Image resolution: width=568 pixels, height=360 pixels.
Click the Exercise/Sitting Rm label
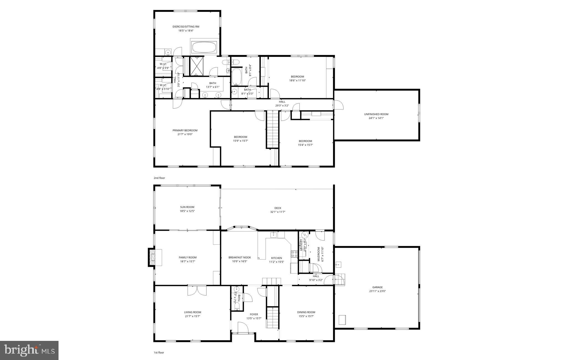click(x=186, y=27)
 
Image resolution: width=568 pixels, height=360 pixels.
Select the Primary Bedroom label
click(x=185, y=130)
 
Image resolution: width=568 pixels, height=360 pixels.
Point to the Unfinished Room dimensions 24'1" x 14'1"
click(x=376, y=118)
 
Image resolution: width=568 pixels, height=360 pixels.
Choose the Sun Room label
click(x=187, y=207)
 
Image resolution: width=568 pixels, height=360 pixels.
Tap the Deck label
click(x=278, y=208)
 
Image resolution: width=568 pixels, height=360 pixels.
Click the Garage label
click(x=377, y=287)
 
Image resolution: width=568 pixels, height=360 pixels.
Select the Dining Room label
click(x=306, y=312)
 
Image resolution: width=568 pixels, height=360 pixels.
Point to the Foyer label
click(x=254, y=315)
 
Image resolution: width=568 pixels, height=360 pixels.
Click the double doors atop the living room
click(x=197, y=290)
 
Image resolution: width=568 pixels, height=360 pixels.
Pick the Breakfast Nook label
click(x=240, y=257)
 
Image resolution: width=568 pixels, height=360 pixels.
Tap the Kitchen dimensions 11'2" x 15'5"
click(x=277, y=262)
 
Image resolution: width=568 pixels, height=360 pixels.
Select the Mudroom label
click(x=319, y=254)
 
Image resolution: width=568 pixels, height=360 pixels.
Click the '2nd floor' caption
click(x=159, y=178)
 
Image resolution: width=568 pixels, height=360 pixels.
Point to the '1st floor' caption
click(x=159, y=353)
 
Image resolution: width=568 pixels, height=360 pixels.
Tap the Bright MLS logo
click(x=29, y=350)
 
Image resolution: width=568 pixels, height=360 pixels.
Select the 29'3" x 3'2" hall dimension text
click(x=282, y=106)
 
